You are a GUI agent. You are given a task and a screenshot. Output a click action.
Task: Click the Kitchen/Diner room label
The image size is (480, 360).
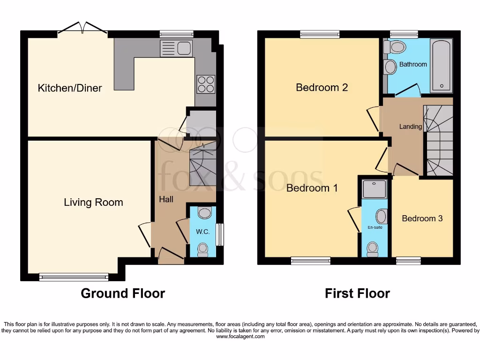tap(70, 88)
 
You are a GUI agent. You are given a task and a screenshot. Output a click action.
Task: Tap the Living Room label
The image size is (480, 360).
tap(93, 202)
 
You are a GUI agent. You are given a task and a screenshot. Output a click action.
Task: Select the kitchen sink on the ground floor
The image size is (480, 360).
tap(176, 48)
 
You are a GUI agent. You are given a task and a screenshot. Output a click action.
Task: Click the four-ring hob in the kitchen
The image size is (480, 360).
tap(206, 84)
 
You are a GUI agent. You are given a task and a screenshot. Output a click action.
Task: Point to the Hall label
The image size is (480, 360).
tap(166, 199)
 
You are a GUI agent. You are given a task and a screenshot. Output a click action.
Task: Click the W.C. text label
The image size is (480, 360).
tap(202, 232)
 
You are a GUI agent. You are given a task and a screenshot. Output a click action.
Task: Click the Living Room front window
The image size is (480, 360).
tap(74, 277)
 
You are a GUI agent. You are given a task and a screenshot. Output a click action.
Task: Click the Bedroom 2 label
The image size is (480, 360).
tap(322, 88)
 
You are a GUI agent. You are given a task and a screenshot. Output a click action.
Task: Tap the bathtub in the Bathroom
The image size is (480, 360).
tap(441, 66)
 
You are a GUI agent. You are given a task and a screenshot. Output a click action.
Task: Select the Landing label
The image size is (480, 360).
tap(410, 127)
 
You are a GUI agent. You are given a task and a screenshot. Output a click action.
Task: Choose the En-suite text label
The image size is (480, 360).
tap(375, 227)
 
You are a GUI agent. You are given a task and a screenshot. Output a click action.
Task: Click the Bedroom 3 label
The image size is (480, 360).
tap(422, 218)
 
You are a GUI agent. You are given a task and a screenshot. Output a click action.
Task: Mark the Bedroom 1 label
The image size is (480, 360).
tap(312, 188)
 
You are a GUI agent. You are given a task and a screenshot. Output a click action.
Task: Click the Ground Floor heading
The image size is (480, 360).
tap(123, 294)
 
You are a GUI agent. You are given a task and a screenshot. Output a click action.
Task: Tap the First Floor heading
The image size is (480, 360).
tap(357, 294)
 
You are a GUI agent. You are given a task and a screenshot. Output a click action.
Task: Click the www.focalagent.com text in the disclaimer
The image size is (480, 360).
tap(240, 337)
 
